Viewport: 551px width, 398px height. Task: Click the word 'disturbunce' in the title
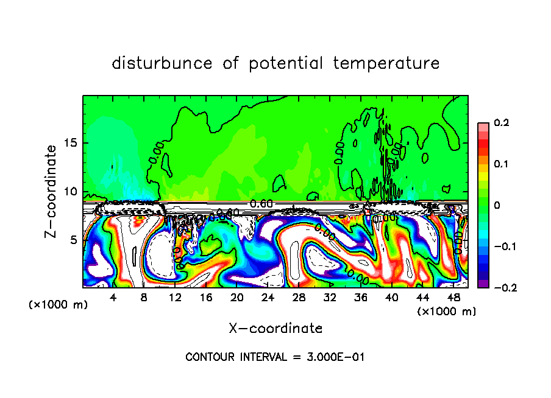[162, 63]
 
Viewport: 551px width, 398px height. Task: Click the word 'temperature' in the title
[386, 63]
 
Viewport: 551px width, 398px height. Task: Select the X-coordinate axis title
[275, 328]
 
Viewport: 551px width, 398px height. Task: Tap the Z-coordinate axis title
[52, 191]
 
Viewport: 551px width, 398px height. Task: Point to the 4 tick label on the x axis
[113, 298]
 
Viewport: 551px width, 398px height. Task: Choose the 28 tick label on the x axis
[299, 298]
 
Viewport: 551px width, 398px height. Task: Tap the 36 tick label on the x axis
[360, 298]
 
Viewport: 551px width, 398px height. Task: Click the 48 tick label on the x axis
[453, 298]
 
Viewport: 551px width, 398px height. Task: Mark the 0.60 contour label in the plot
[261, 203]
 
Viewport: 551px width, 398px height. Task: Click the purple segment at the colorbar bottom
[483, 284]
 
